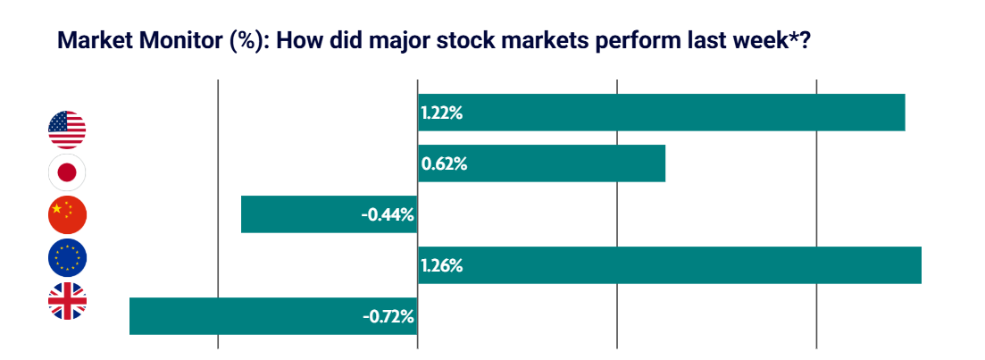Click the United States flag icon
pyautogui.click(x=67, y=130)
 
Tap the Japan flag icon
pyautogui.click(x=67, y=172)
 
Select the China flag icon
pyautogui.click(x=67, y=214)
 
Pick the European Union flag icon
pyautogui.click(x=67, y=258)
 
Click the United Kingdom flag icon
pyautogui.click(x=67, y=301)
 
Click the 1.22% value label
pyautogui.click(x=440, y=113)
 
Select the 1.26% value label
pyautogui.click(x=441, y=266)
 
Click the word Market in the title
pyautogui.click(x=90, y=41)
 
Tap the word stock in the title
pyautogui.click(x=476, y=41)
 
